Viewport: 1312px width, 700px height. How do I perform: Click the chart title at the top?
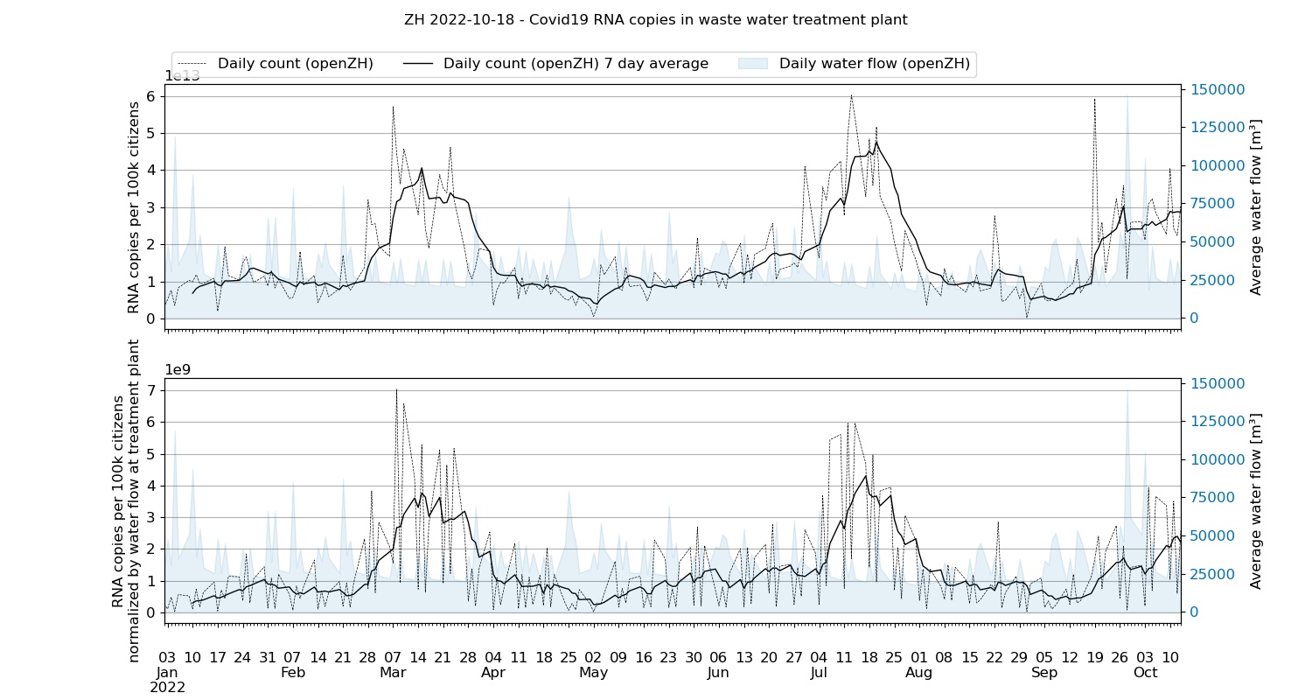pyautogui.click(x=655, y=19)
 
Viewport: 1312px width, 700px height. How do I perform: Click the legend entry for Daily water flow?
pyautogui.click(x=874, y=64)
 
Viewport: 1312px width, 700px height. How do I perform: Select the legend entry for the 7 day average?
pyautogui.click(x=575, y=64)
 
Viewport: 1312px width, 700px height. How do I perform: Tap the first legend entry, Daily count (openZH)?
pyautogui.click(x=295, y=64)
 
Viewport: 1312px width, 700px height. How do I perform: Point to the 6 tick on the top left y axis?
pyautogui.click(x=150, y=96)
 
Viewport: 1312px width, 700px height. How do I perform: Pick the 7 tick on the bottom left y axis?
pyautogui.click(x=150, y=390)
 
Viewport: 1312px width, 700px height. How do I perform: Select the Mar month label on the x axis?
pyautogui.click(x=393, y=673)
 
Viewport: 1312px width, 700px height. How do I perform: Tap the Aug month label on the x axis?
pyautogui.click(x=919, y=673)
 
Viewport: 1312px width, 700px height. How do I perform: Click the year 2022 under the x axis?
pyautogui.click(x=167, y=688)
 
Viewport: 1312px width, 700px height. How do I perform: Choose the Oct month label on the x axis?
pyautogui.click(x=1145, y=673)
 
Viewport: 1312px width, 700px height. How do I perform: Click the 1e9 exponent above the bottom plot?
pyautogui.click(x=178, y=369)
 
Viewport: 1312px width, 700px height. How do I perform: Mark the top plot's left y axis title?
pyautogui.click(x=134, y=207)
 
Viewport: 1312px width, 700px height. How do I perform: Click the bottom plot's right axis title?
pyautogui.click(x=1256, y=501)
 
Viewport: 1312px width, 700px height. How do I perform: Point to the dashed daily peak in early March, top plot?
pyautogui.click(x=393, y=107)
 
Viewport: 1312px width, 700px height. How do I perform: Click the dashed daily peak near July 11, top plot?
pyautogui.click(x=851, y=95)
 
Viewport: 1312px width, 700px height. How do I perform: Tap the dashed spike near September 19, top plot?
pyautogui.click(x=1094, y=100)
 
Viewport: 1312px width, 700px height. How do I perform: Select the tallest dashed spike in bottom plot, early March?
pyautogui.click(x=396, y=390)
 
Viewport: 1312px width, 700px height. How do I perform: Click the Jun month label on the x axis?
pyautogui.click(x=718, y=673)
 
